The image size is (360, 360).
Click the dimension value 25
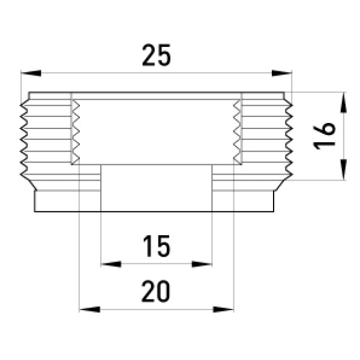[157, 55]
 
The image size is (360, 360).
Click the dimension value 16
[325, 136]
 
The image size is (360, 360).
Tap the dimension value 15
[157, 246]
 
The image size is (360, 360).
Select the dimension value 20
[156, 291]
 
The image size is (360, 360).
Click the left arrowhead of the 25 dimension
[31, 73]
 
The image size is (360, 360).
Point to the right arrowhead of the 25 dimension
[282, 73]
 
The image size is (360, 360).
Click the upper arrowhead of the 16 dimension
[343, 103]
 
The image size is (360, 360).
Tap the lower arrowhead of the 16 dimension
[343, 170]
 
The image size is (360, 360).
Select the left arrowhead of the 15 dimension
[111, 264]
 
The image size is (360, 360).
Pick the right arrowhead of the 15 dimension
[202, 264]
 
